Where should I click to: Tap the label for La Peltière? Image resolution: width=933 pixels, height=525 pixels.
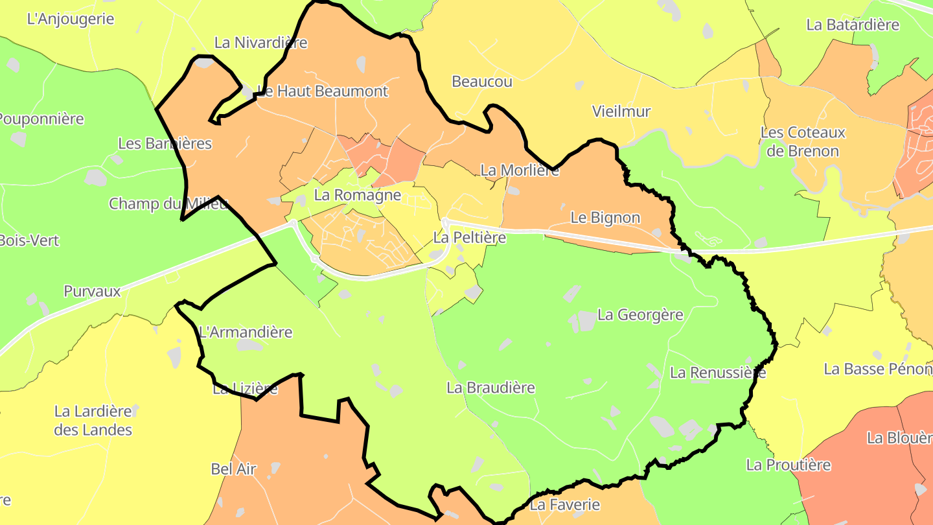click(469, 238)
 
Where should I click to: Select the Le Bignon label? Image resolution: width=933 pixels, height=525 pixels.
click(605, 218)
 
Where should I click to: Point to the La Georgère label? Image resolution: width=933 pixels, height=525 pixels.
click(640, 315)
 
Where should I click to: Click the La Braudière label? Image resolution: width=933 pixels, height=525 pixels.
click(490, 388)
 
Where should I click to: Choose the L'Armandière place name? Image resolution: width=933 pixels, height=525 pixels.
click(246, 332)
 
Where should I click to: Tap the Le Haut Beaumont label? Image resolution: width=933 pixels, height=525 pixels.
click(323, 91)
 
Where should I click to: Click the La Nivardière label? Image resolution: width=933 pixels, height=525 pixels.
click(260, 43)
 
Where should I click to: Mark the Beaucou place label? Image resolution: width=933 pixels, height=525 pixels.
click(482, 82)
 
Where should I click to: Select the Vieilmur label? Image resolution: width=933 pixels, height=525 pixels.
click(621, 111)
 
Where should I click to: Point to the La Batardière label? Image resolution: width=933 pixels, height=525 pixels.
click(853, 25)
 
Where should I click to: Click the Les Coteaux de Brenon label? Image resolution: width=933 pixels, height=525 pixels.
click(803, 142)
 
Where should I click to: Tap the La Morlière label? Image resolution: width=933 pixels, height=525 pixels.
click(520, 170)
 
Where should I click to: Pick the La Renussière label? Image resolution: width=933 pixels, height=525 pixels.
click(718, 373)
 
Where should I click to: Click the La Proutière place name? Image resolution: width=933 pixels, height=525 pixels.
click(788, 465)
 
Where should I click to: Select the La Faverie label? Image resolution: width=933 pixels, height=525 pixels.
click(565, 504)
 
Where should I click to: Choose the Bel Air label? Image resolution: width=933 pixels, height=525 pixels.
click(234, 469)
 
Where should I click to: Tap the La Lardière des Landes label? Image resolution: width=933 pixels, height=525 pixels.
click(93, 420)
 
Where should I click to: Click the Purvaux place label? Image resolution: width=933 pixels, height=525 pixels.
click(92, 291)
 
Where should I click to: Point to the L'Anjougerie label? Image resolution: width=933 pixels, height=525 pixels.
click(71, 19)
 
